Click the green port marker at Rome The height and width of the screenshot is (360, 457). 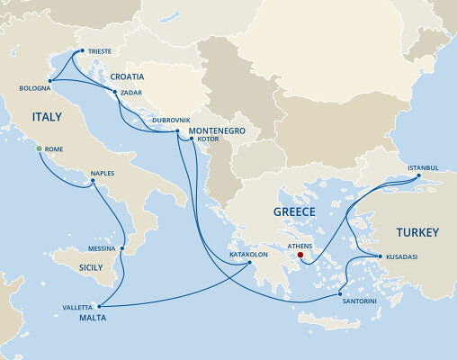39,148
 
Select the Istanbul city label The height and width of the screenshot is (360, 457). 422,167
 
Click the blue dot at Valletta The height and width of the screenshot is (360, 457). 101,307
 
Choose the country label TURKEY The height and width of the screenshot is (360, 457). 416,232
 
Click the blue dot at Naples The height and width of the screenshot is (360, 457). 93,183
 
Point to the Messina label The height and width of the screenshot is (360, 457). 102,248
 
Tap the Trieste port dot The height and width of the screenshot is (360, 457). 82,51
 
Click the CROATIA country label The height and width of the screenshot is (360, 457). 128,77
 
